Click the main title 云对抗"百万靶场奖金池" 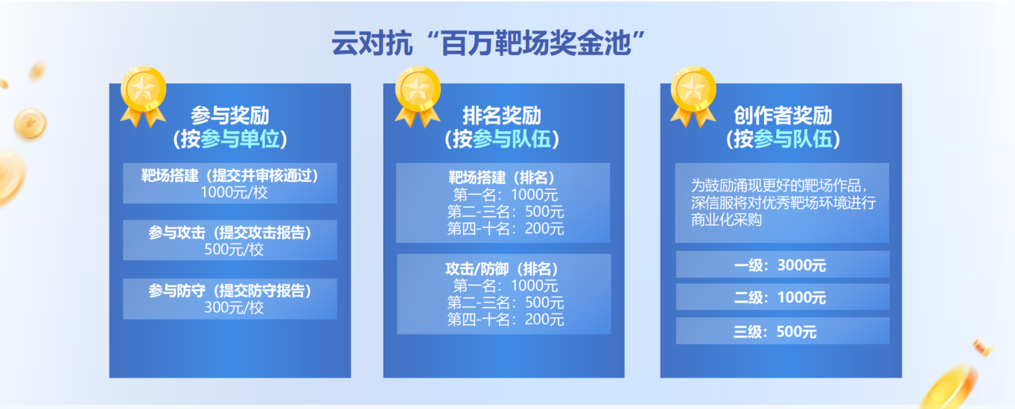tap(489, 43)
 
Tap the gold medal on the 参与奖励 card tap(143, 96)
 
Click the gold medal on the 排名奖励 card tap(418, 96)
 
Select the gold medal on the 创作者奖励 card tap(693, 96)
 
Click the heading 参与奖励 tap(230, 115)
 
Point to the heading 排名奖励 tap(502, 115)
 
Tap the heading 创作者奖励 tap(783, 115)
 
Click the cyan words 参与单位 tap(240, 139)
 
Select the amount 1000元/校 tap(234, 192)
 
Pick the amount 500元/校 tap(234, 250)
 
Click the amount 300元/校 tap(234, 308)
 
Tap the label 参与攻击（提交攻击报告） tap(230, 232)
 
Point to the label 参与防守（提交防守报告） tap(230, 291)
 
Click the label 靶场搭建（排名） tap(502, 177)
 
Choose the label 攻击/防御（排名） tap(502, 269)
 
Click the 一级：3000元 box tap(783, 264)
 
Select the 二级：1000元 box tap(783, 297)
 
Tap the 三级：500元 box tap(783, 331)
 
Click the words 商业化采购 tap(726, 220)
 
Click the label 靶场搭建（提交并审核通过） tap(230, 176)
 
